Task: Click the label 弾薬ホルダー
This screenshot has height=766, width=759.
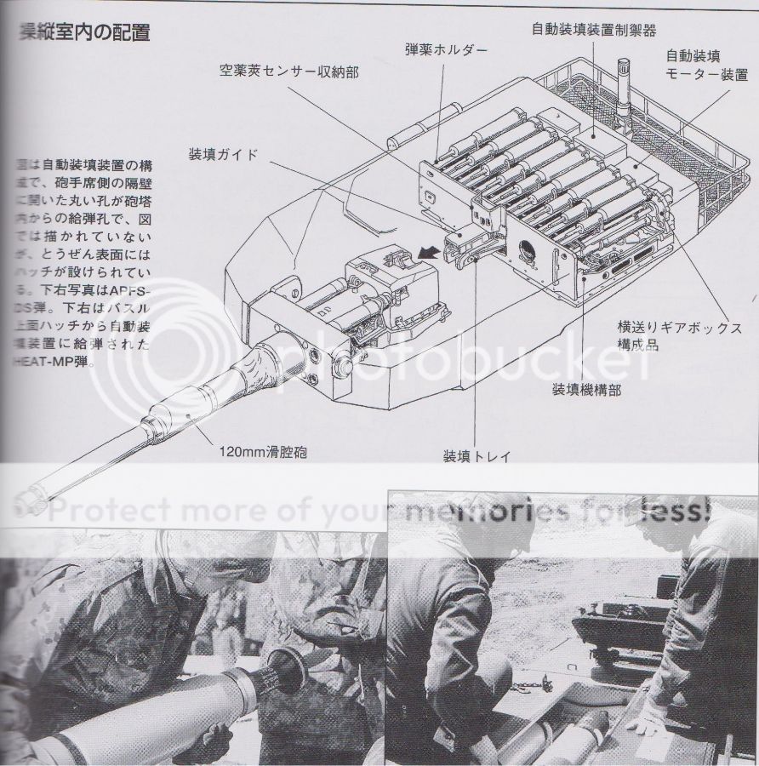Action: click(446, 50)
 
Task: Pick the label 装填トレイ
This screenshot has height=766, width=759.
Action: click(477, 456)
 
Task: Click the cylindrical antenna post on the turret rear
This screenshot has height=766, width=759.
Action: click(623, 84)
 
